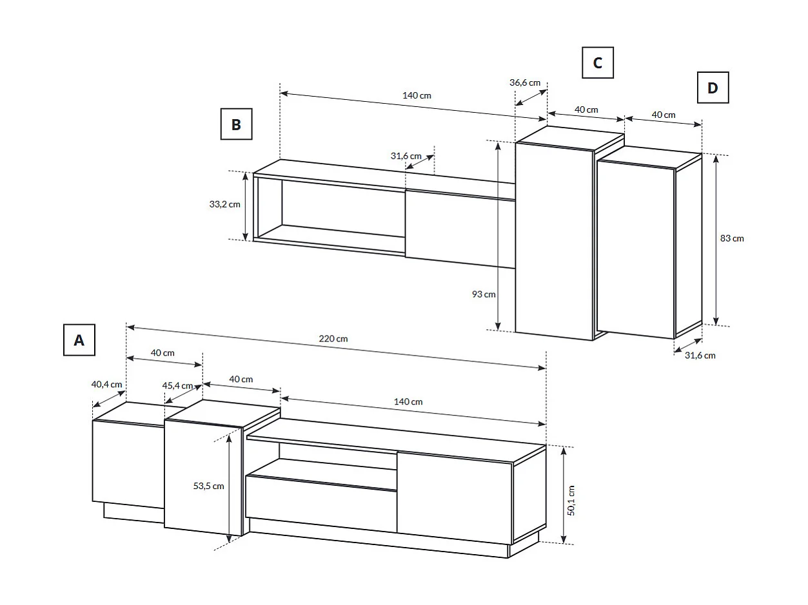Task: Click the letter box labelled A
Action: (79, 340)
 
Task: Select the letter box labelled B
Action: (236, 124)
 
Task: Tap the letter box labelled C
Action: (597, 62)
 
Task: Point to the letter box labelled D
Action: (713, 88)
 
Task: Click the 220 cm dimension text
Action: (333, 338)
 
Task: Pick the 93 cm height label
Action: (484, 294)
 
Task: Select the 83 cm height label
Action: (732, 238)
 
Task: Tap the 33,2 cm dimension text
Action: (224, 204)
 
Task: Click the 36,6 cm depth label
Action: (524, 82)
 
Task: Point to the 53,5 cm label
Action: (208, 485)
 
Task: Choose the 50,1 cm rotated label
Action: (571, 500)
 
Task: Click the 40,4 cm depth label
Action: (106, 384)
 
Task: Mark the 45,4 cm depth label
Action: (177, 385)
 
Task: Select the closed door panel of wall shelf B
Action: (459, 229)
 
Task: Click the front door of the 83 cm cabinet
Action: (635, 248)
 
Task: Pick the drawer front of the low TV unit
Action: (320, 504)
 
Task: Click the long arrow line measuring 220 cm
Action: (335, 348)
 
